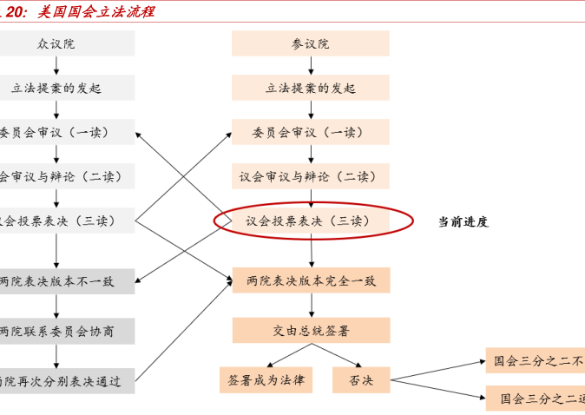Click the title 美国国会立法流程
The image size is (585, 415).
(95, 11)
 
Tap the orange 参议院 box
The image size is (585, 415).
(310, 43)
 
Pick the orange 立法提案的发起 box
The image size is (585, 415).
(310, 88)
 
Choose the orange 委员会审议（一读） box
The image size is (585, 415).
(310, 132)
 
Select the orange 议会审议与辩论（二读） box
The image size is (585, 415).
(310, 176)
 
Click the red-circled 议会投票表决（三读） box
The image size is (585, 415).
(310, 221)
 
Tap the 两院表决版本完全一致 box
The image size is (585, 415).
(310, 280)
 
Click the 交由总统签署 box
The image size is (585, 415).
(310, 330)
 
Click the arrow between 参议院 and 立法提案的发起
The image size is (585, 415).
(311, 65)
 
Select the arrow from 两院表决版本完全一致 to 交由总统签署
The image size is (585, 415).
(311, 305)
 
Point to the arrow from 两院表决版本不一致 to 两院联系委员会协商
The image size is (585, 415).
(57, 306)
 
